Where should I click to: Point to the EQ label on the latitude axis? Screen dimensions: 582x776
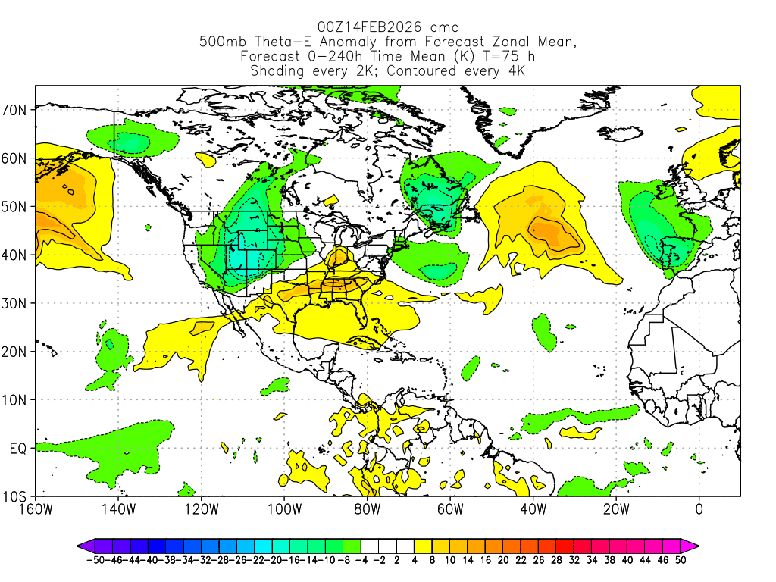18,449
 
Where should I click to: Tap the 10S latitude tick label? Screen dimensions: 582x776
17,497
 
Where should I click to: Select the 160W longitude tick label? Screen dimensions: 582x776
35,509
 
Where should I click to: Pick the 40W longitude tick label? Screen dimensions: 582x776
533,509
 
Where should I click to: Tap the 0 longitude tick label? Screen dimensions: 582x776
699,509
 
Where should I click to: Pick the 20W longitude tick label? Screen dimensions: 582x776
615,509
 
